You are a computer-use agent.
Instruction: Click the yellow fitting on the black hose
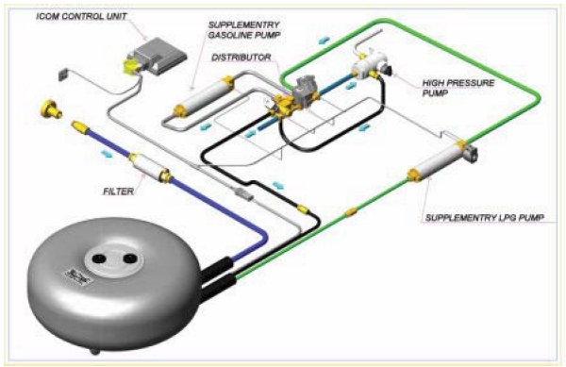[x=301, y=205]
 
